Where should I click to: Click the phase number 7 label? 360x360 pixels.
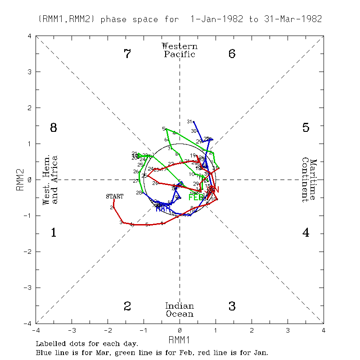click(127, 54)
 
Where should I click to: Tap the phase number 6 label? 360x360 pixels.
click(232, 54)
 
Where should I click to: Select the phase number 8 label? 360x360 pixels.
click(53, 128)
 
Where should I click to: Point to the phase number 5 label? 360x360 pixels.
click(306, 128)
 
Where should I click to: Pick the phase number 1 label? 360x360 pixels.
click(53, 233)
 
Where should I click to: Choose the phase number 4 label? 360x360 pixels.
click(306, 233)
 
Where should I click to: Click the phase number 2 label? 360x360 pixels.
click(127, 306)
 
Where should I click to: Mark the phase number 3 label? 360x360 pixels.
click(232, 306)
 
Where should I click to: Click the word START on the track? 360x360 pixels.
click(114, 197)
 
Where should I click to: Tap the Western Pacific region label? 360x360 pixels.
click(180, 50)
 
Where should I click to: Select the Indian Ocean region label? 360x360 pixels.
click(180, 310)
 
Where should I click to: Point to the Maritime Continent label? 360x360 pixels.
click(310, 180)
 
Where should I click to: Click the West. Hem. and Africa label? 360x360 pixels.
click(50, 180)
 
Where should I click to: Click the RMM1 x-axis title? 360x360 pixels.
click(180, 338)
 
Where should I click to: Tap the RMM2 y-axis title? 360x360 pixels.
click(19, 180)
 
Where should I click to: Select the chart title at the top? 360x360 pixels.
click(180, 19)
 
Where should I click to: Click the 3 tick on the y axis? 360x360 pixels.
click(30, 72)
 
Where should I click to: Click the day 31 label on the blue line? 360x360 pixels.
click(189, 121)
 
